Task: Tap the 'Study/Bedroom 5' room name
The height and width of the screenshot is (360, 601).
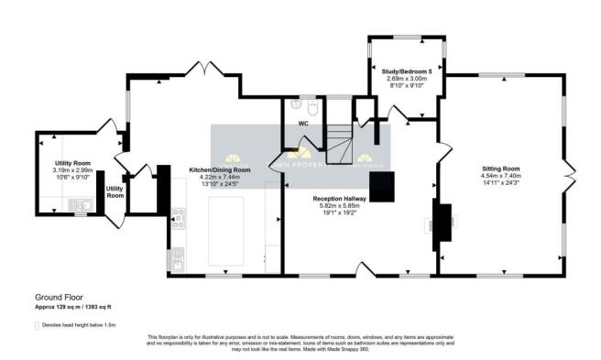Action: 404,70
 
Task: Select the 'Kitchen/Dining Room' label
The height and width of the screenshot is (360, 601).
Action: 220,170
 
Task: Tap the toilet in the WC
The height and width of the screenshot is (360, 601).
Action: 313,110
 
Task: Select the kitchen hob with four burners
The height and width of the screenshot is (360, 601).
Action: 177,220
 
